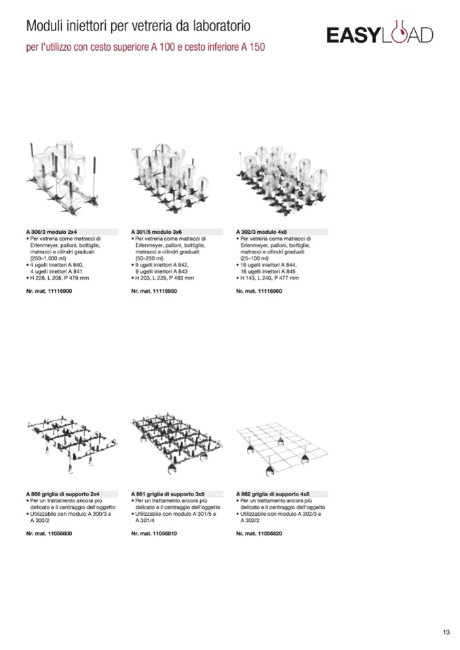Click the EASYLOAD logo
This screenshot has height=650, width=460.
coord(379,35)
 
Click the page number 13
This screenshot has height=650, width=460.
coord(446,632)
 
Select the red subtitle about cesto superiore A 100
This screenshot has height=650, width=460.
coord(145,48)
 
